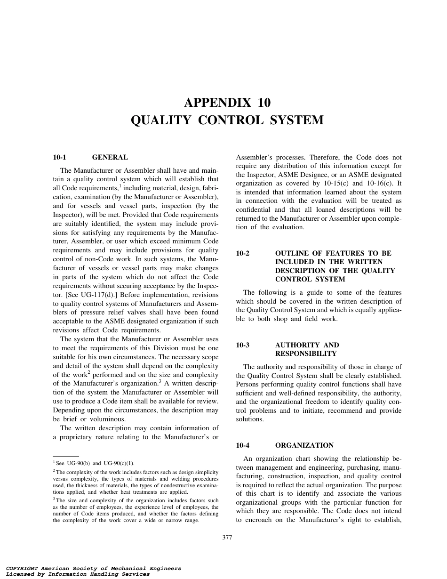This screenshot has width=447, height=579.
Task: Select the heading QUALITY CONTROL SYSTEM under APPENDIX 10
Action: tap(227, 121)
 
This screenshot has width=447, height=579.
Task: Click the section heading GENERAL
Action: tap(110, 157)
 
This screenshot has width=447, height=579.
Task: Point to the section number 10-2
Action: tap(243, 253)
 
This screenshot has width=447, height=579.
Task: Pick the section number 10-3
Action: tap(243, 345)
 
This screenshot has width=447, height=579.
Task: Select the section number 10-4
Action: tap(243, 445)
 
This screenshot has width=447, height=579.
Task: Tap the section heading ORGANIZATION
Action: tap(304, 445)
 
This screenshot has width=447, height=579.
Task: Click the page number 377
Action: tap(227, 538)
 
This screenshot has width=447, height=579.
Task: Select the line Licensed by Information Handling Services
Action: tap(78, 574)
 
